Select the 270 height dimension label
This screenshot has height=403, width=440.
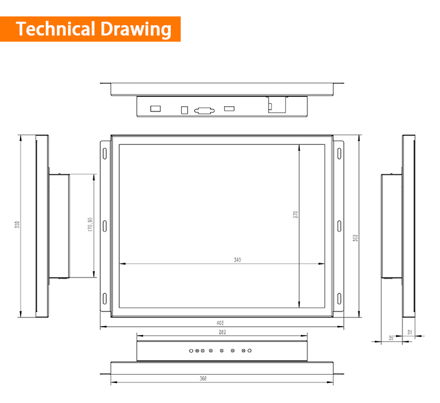pyautogui.click(x=296, y=215)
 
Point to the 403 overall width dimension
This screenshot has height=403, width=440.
pyautogui.click(x=221, y=323)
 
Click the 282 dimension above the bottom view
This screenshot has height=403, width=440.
pyautogui.click(x=222, y=332)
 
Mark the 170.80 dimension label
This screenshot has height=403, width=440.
pyautogui.click(x=90, y=225)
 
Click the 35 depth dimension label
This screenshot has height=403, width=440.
pyautogui.click(x=391, y=337)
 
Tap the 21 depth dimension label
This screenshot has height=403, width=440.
pyautogui.click(x=409, y=333)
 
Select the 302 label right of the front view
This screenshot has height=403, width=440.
pyautogui.click(x=356, y=237)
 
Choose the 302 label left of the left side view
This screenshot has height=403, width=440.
pyautogui.click(x=17, y=225)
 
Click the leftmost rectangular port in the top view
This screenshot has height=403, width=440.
pyautogui.click(x=155, y=109)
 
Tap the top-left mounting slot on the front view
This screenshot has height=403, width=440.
pyautogui.click(x=106, y=153)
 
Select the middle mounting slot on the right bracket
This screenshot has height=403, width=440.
pyautogui.click(x=339, y=225)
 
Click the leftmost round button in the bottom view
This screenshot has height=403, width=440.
pyautogui.click(x=191, y=351)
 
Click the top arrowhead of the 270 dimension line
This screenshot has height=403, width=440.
pyautogui.click(x=300, y=147)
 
